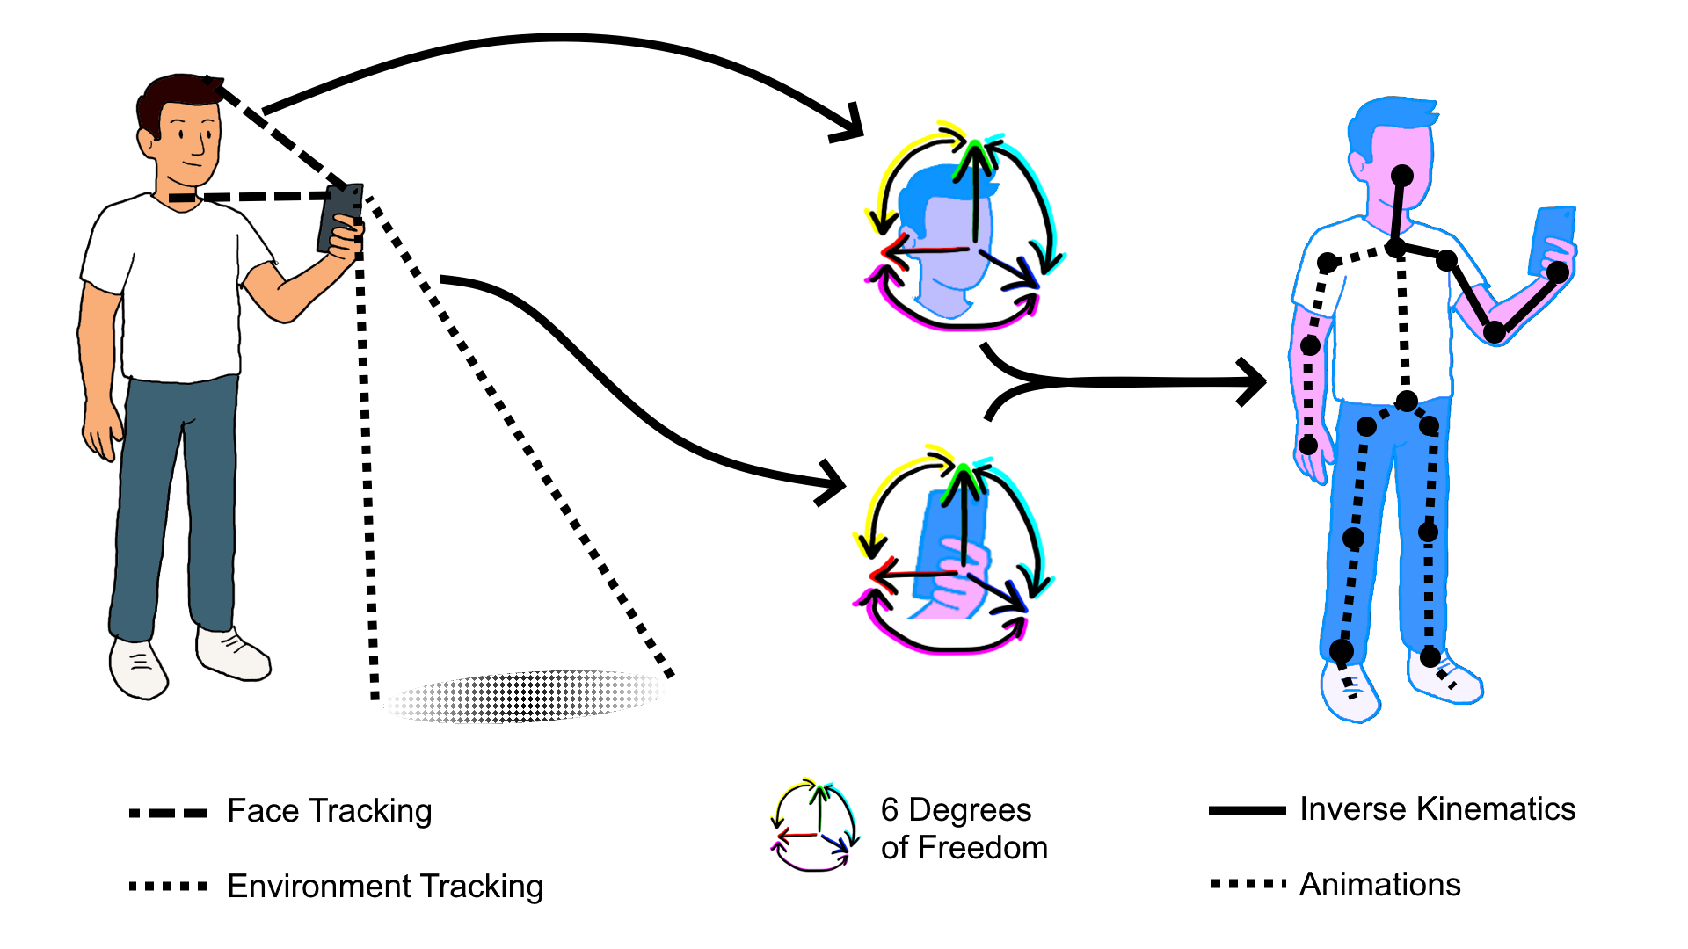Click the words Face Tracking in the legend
click(x=330, y=811)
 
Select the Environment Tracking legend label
click(x=385, y=886)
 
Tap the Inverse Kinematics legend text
click(x=1437, y=809)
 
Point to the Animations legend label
click(x=1379, y=884)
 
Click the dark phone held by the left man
click(x=339, y=217)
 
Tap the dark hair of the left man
click(x=176, y=97)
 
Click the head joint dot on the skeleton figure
click(x=1402, y=176)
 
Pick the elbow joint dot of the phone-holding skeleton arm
click(x=1495, y=332)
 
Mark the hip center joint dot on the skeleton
click(x=1407, y=402)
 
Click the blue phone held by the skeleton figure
click(x=1552, y=237)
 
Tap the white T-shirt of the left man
click(x=176, y=290)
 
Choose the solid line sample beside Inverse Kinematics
click(x=1247, y=810)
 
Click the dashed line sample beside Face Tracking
click(x=168, y=813)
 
